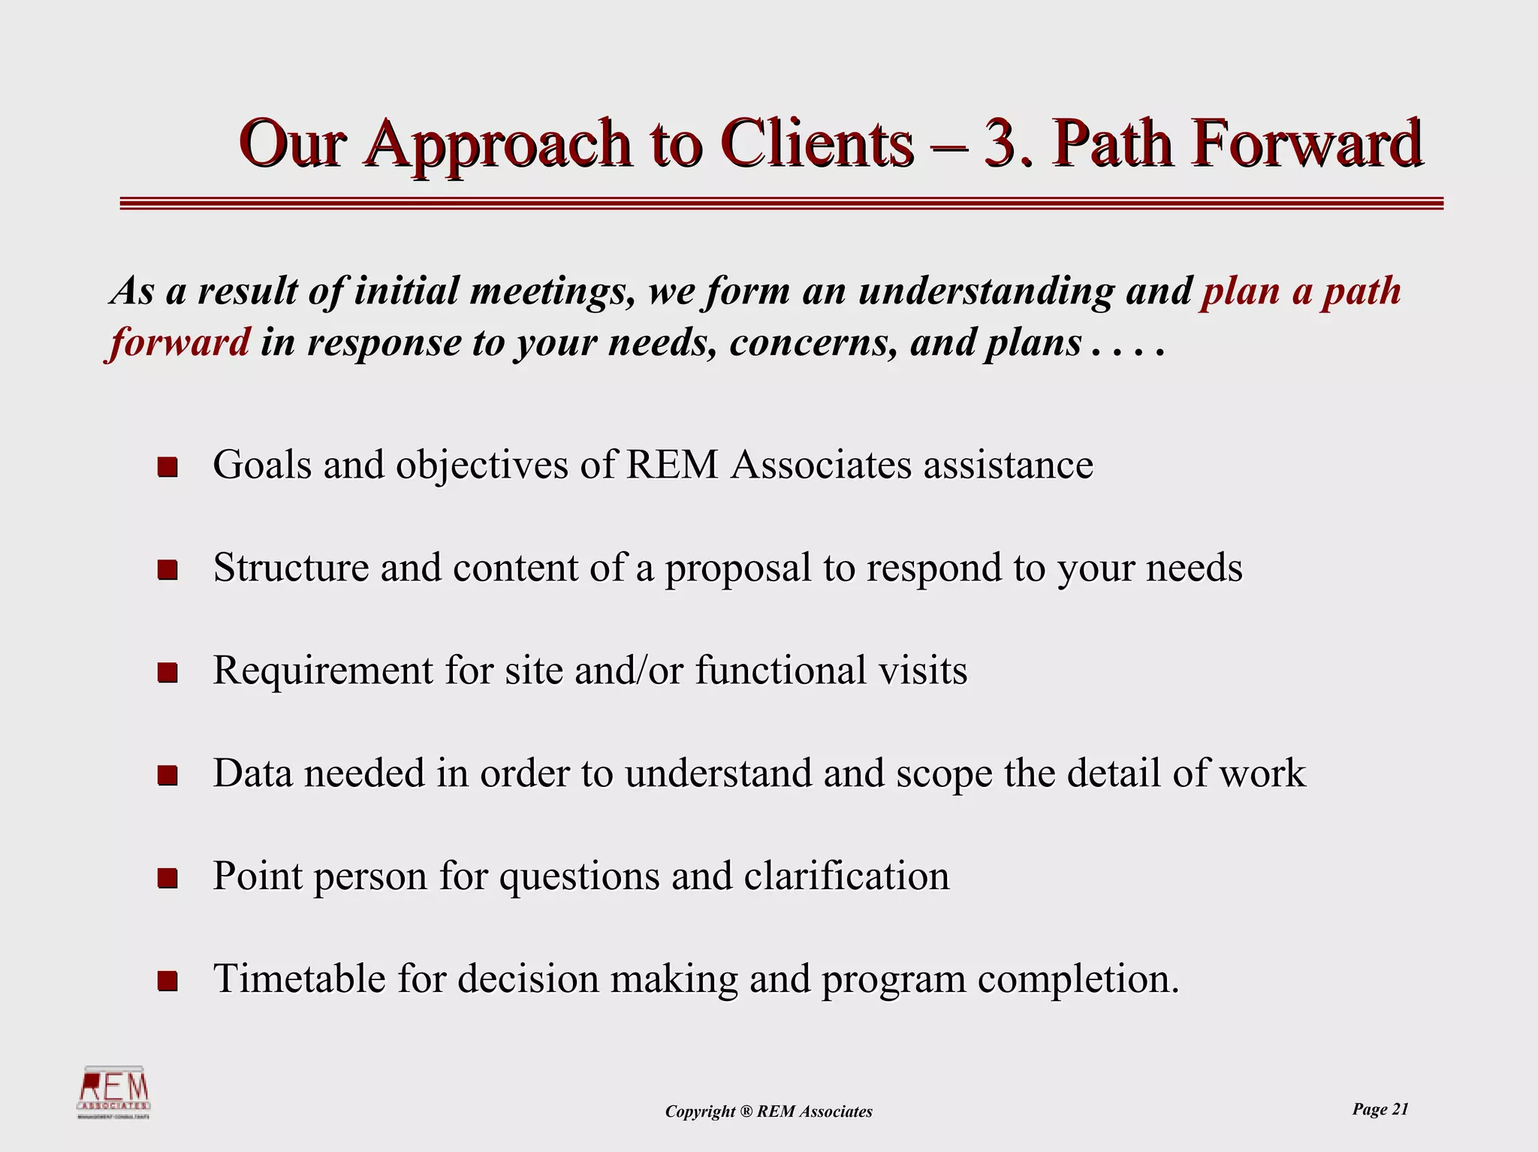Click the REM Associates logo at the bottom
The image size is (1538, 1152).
click(x=114, y=1093)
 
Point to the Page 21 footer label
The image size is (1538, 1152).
click(x=1380, y=1109)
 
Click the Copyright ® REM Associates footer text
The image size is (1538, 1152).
click(x=768, y=1111)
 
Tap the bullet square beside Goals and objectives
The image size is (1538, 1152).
click(x=167, y=467)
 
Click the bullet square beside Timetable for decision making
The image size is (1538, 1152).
click(x=167, y=981)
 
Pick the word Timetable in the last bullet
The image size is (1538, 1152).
click(x=299, y=979)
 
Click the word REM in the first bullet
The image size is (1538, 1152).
click(x=671, y=465)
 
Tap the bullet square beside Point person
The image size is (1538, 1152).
click(x=167, y=878)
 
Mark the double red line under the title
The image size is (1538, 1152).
click(x=781, y=203)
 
